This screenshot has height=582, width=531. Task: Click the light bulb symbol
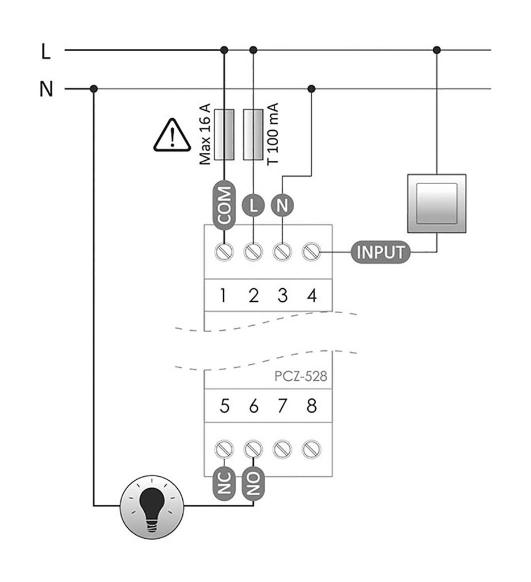tap(152, 505)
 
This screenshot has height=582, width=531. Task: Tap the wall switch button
tap(437, 203)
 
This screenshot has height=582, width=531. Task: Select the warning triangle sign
tap(172, 137)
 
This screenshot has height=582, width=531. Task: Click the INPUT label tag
tap(381, 251)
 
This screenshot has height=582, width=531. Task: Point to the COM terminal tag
tap(224, 205)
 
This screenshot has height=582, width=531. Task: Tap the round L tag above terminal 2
tap(253, 205)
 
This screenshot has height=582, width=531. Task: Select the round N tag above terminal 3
tap(282, 205)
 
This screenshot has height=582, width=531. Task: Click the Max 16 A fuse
tap(224, 135)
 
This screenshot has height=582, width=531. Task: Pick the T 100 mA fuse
tap(253, 135)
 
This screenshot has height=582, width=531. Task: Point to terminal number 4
tap(311, 296)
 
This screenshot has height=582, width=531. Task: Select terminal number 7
tap(282, 407)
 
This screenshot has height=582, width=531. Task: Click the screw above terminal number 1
tap(224, 251)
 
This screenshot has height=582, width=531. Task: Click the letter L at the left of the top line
tap(45, 52)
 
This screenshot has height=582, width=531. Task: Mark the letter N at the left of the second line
tap(45, 90)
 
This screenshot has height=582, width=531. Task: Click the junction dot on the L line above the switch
tap(437, 50)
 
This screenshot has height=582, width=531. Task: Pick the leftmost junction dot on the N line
tap(94, 89)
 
